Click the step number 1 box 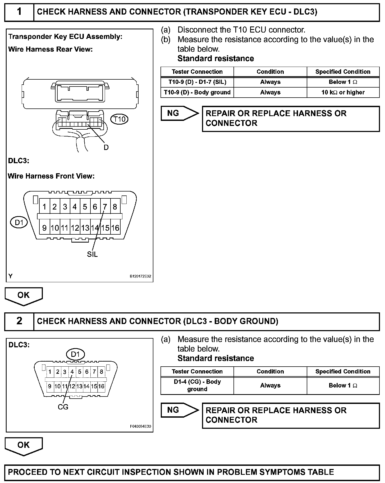(x=19, y=12)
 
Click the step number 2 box (x=19, y=321)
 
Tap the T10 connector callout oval (x=119, y=119)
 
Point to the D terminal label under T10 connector (x=106, y=147)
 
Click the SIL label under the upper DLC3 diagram (x=92, y=254)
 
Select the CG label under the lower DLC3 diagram (x=63, y=407)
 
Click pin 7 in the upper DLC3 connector (x=105, y=207)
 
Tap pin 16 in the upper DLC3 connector (x=115, y=228)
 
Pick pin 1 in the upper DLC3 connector (x=44, y=207)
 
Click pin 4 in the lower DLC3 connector (x=72, y=372)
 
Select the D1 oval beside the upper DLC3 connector (x=19, y=222)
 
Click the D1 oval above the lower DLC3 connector (x=75, y=354)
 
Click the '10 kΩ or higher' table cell (x=343, y=92)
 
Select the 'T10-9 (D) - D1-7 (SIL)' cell (x=197, y=82)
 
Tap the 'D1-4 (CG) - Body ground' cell (x=197, y=385)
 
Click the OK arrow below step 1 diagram (x=24, y=296)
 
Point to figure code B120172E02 (x=140, y=276)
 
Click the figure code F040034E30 (x=140, y=426)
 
